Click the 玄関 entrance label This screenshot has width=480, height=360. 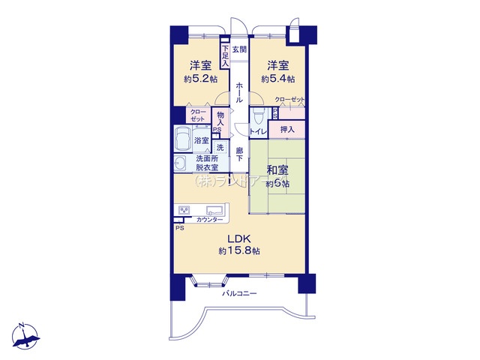[239, 50]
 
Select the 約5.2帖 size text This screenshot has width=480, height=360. [198, 79]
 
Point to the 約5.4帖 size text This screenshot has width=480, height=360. [277, 79]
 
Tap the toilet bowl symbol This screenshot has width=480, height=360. [257, 116]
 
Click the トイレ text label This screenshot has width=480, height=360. [259, 132]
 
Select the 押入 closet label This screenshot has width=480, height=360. [287, 129]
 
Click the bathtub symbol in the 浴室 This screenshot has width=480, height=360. [183, 139]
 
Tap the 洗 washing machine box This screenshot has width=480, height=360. [220, 147]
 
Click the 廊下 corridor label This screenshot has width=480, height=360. [239, 154]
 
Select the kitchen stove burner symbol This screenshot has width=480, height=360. [184, 210]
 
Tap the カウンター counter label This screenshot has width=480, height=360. [209, 220]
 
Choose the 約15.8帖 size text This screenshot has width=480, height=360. [239, 250]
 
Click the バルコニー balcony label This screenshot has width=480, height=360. [239, 293]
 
